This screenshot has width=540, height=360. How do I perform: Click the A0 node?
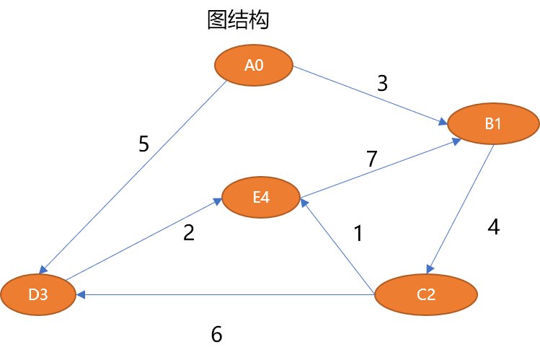point(254,65)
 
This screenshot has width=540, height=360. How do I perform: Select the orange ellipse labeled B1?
point(493,123)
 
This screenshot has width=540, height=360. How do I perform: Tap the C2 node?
point(426,294)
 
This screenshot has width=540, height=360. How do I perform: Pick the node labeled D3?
point(38,294)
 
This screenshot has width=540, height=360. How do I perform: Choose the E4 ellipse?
point(261,197)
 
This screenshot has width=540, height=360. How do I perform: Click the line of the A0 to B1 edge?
point(368,94)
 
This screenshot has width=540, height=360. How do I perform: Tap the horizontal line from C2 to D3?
point(223,294)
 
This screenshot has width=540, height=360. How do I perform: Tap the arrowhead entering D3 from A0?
point(44,270)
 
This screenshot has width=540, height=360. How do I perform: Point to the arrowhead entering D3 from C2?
point(80,294)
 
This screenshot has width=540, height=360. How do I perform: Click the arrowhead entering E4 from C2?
point(304,205)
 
